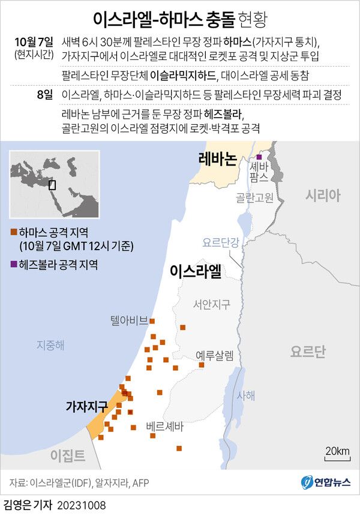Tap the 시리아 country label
[322, 195]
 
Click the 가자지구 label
[86, 406]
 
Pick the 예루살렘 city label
[214, 355]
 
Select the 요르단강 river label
[221, 242]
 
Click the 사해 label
[246, 395]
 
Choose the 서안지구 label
[211, 305]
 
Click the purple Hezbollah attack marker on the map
[259, 157]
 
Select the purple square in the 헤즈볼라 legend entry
[13, 263]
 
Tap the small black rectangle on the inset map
[52, 185]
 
